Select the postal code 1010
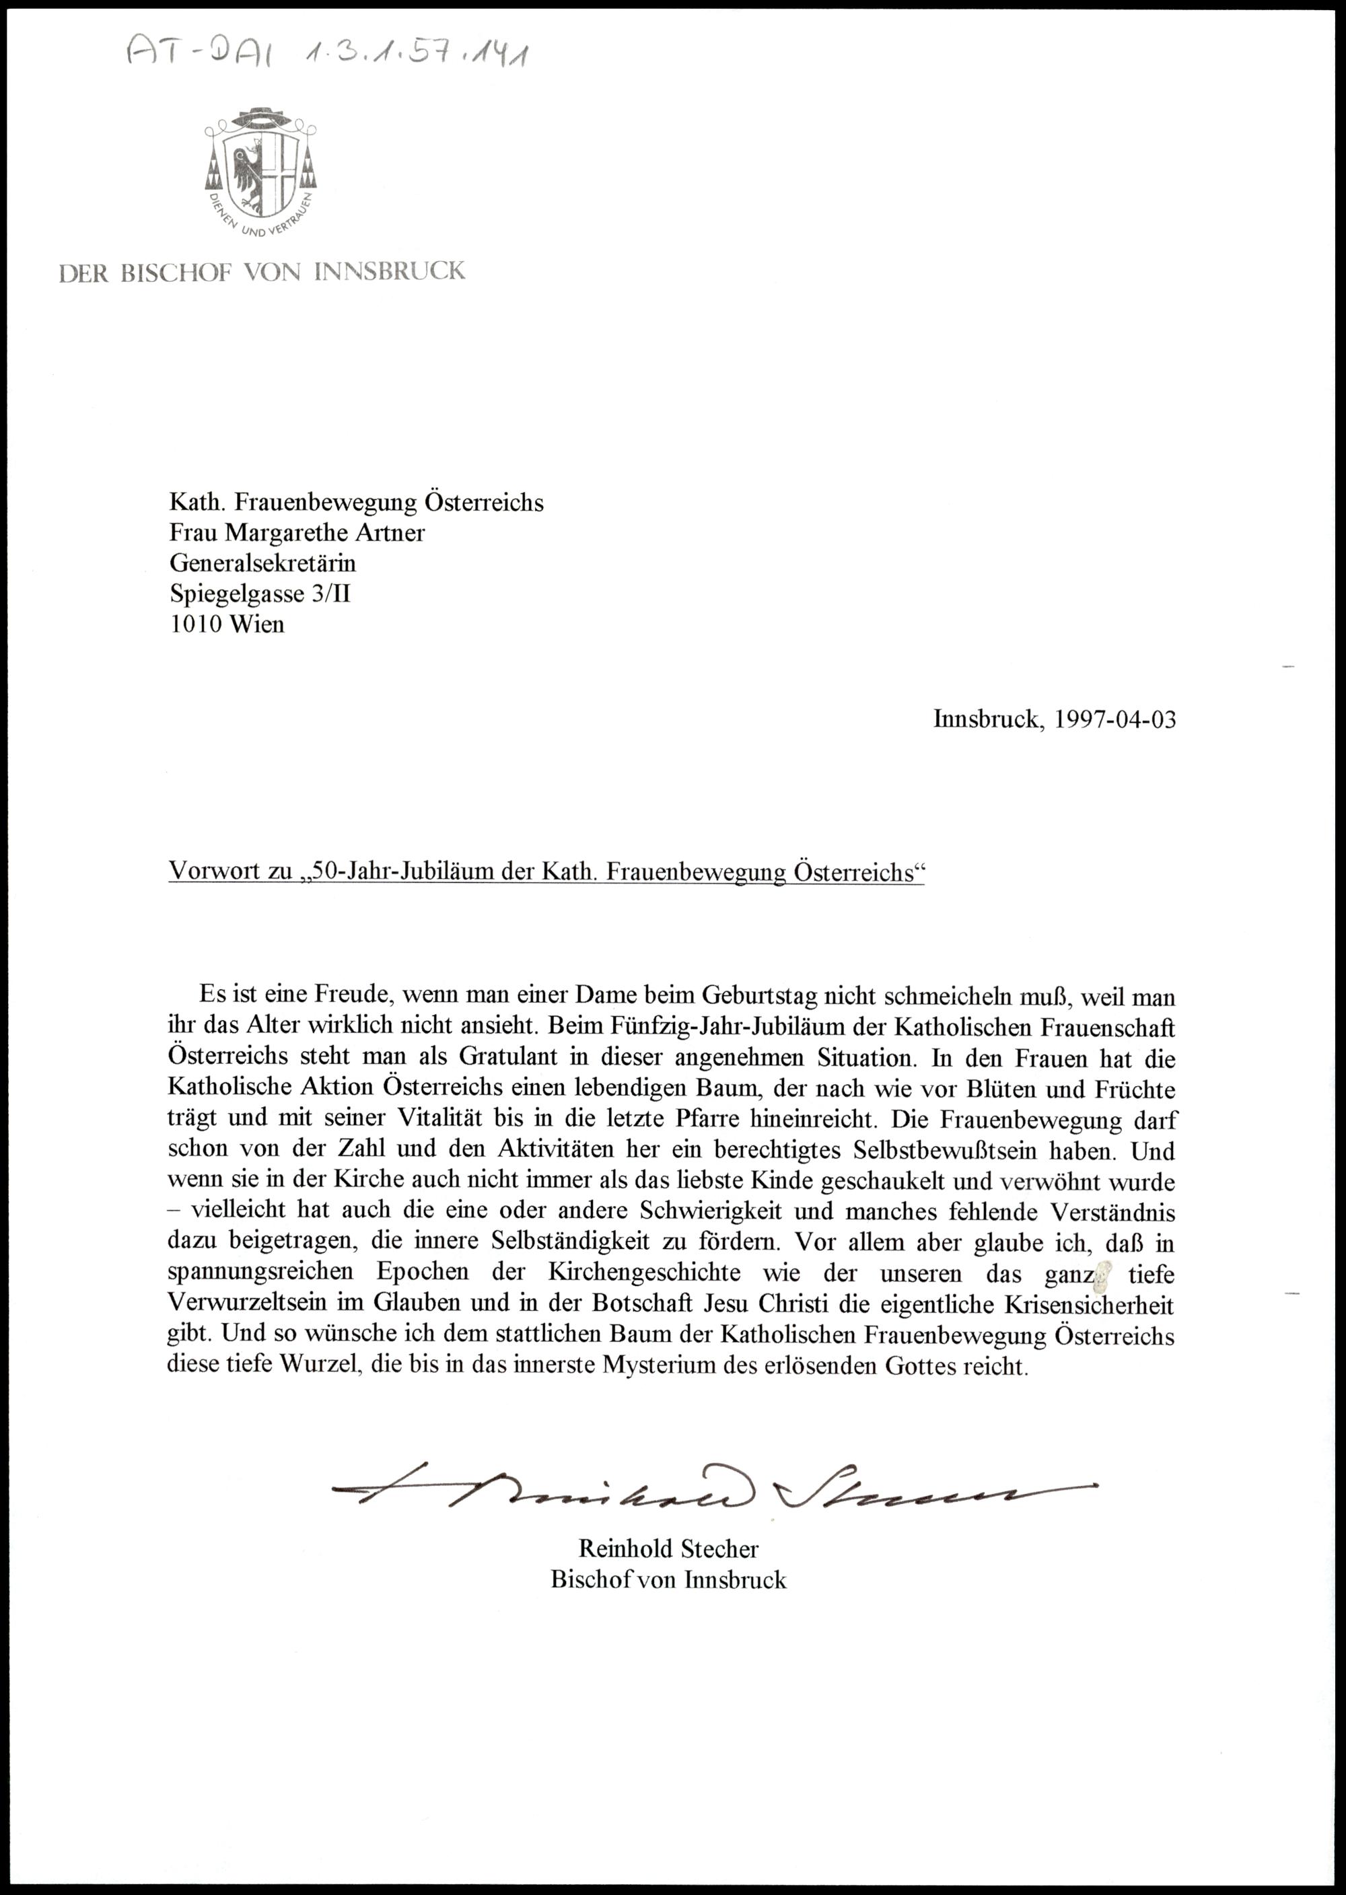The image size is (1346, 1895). coord(196,623)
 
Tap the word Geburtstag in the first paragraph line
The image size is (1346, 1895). coord(758,995)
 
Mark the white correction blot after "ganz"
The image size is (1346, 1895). coord(1103,1274)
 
